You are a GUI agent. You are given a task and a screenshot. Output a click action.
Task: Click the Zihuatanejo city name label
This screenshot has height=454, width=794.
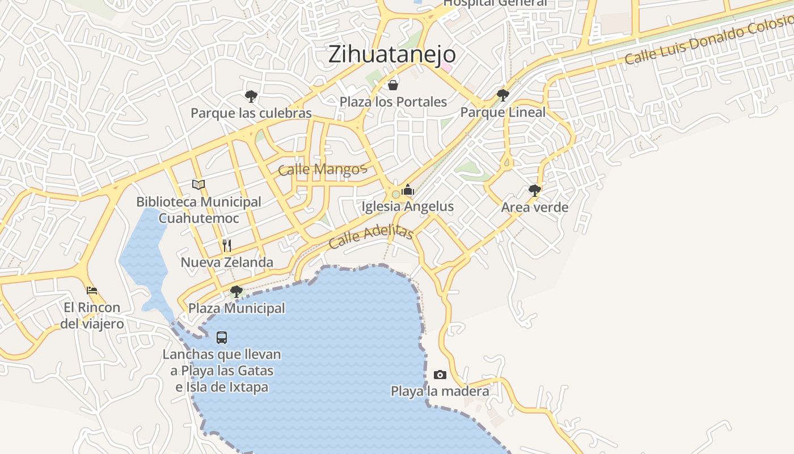pos(392,54)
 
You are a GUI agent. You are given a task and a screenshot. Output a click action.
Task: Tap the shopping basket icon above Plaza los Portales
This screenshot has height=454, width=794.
pos(392,86)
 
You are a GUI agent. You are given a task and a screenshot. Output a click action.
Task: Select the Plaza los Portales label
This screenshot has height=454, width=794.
pos(393,102)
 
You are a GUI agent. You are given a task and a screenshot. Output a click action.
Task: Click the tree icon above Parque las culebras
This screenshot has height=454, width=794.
pos(251,96)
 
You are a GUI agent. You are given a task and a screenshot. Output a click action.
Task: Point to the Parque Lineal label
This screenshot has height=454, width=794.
pos(502,112)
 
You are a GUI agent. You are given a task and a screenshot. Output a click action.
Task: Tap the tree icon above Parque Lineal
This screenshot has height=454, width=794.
pos(502,95)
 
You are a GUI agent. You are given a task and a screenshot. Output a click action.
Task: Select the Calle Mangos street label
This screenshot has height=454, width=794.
pos(322,169)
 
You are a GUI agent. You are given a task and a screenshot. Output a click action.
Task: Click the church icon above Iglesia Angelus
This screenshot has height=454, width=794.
pos(408,190)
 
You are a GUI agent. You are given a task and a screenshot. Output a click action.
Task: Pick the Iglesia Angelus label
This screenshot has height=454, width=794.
pos(408,207)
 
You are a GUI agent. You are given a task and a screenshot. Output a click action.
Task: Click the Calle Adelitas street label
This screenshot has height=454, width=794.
pos(370,236)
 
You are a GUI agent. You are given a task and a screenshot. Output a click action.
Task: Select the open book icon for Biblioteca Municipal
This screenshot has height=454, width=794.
pos(198,184)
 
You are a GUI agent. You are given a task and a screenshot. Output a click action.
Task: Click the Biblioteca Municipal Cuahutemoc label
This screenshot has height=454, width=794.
pos(198,210)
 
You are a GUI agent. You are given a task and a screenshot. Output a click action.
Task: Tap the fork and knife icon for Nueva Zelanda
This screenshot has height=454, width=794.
pos(227,246)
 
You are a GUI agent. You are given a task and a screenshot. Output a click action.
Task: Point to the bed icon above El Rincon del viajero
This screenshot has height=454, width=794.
pos(92,291)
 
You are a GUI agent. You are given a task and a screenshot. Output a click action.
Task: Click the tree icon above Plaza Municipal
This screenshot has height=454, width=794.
pos(236,292)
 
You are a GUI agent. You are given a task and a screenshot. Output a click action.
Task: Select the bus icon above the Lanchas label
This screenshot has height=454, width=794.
pos(222,338)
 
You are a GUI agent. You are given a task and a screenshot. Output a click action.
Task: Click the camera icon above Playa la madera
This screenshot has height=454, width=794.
pos(440,375)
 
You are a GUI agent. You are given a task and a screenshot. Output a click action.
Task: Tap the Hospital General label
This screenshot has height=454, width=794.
pos(495,3)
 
